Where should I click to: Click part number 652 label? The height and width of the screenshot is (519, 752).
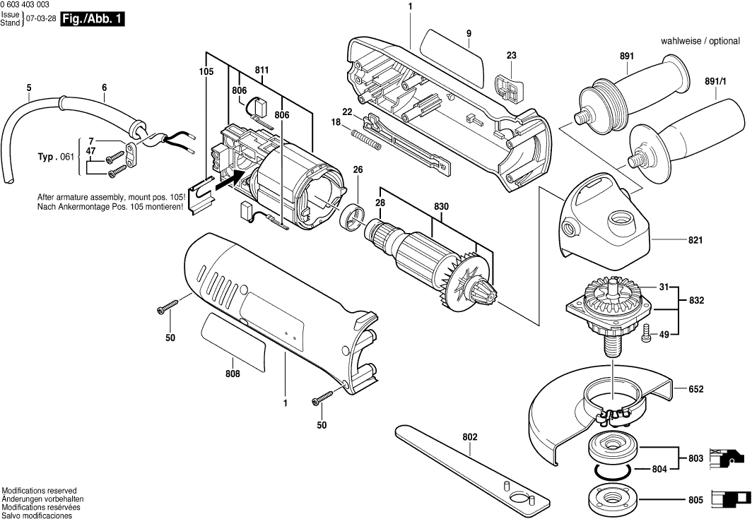click(x=695, y=389)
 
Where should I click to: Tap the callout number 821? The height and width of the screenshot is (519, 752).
click(x=695, y=241)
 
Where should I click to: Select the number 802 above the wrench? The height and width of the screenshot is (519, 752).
click(x=470, y=437)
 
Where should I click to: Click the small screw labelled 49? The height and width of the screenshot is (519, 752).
click(x=645, y=336)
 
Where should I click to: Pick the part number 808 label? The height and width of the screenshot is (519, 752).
click(x=233, y=374)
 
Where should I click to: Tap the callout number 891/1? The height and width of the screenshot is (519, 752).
click(x=715, y=82)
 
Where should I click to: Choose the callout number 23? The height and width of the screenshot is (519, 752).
click(x=512, y=56)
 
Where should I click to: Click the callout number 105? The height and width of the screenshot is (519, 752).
click(x=206, y=71)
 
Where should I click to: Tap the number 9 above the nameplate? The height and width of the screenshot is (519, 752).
click(x=468, y=32)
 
